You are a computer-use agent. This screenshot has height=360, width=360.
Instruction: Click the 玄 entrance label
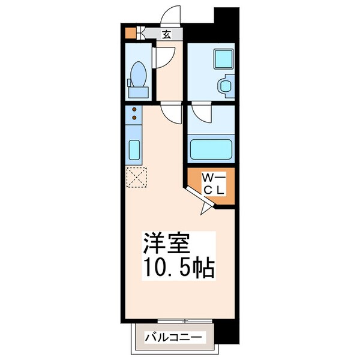point(167,34)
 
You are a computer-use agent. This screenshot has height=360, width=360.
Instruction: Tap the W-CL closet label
point(212,184)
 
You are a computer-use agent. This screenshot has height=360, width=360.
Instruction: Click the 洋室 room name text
point(166,243)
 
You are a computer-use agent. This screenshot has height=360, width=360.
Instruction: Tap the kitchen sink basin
point(134,148)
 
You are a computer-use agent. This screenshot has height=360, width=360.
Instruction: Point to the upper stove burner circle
point(134,110)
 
